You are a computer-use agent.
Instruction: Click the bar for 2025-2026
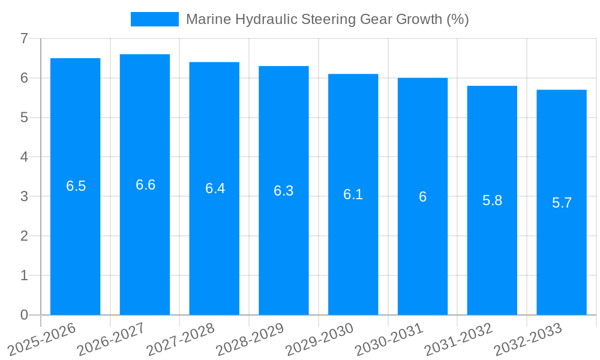point(75,240)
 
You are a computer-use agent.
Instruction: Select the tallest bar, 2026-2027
point(145,240)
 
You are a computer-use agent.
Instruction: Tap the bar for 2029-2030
point(353,252)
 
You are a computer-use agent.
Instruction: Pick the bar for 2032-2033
point(561,258)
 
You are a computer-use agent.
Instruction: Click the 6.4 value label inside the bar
point(215,188)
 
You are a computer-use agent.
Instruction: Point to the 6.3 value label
point(283,191)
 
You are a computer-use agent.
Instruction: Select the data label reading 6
point(422,197)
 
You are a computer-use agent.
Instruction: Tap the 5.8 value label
point(492,200)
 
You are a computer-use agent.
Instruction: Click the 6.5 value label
point(76,186)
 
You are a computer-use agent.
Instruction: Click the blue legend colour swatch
point(155,19)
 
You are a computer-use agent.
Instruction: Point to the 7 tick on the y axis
point(24,38)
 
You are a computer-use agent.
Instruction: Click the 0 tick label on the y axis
point(24,315)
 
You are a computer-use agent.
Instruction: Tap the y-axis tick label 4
point(24,157)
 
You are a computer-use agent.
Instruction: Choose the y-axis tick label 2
point(24,236)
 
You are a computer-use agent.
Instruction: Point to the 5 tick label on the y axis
point(24,118)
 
